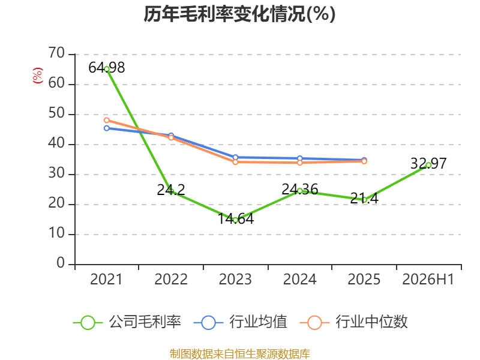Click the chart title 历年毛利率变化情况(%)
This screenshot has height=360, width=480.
(239, 14)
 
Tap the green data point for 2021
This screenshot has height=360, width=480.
(107, 69)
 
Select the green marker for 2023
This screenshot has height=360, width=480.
(235, 220)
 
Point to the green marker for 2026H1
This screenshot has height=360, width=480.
(428, 165)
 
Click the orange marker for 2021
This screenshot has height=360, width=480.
(107, 121)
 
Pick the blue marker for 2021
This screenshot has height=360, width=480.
(107, 128)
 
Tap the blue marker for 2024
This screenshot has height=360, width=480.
(299, 158)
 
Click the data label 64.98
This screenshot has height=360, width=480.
(107, 68)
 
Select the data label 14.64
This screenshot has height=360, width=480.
(235, 218)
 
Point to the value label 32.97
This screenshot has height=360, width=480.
(428, 163)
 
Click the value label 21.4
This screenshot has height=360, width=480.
(364, 198)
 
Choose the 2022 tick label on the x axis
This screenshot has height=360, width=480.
(171, 279)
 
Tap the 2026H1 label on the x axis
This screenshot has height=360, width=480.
(428, 279)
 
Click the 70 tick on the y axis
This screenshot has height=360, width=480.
(56, 53)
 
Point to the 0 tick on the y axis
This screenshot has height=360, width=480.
(61, 263)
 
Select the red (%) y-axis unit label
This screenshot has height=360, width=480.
(37, 76)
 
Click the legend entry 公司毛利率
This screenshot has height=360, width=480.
(127, 322)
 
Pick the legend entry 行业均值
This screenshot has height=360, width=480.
(241, 322)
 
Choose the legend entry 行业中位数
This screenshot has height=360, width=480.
(353, 322)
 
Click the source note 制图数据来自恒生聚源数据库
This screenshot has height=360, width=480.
(240, 353)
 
